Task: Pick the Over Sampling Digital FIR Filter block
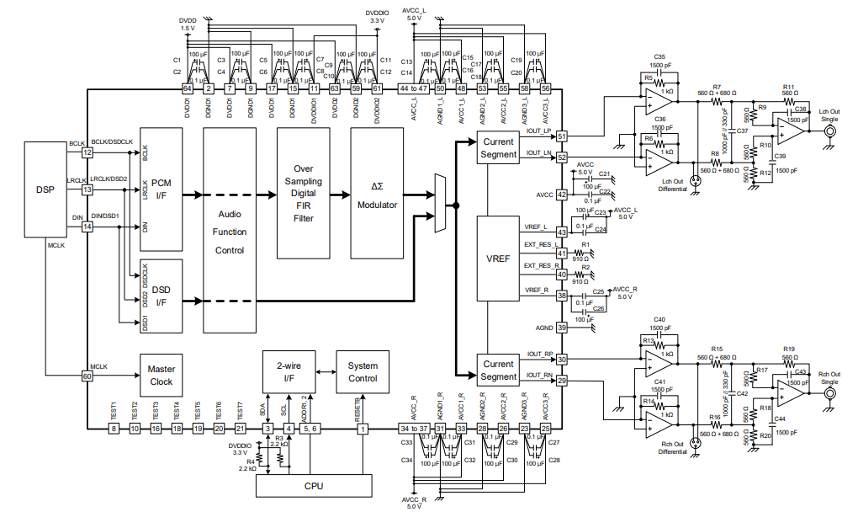click(x=303, y=193)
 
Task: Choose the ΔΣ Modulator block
click(x=377, y=193)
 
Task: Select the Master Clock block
click(x=161, y=376)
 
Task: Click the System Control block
click(x=363, y=371)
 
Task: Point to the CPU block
click(x=312, y=486)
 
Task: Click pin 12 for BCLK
click(x=87, y=152)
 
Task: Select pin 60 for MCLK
click(x=87, y=376)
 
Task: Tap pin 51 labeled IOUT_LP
click(x=561, y=136)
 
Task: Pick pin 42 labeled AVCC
click(x=561, y=195)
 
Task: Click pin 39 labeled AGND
click(x=561, y=327)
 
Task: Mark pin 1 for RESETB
click(x=363, y=429)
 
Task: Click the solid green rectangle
click(x=775, y=275)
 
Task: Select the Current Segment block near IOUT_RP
click(x=500, y=371)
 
